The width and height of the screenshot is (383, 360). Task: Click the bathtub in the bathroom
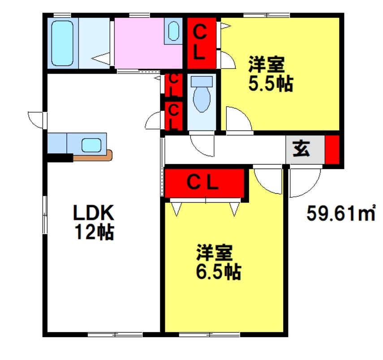pos(63,43)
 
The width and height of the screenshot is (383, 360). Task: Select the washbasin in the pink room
pos(174,31)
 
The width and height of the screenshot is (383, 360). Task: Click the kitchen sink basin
pos(91,145)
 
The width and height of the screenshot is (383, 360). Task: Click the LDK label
pos(94,213)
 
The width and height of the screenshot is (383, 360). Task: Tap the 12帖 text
pos(95,232)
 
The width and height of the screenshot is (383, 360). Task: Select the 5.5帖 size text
pos(271,84)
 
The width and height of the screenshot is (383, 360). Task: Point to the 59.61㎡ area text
pos(341,213)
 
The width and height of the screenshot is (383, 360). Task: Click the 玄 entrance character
pos(302,149)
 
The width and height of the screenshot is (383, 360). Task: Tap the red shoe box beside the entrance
pos(332,150)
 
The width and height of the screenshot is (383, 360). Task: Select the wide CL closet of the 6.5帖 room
pos(204,183)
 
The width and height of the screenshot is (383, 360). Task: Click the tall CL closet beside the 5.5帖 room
pos(202,43)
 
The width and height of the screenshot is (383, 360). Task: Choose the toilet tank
pos(202,81)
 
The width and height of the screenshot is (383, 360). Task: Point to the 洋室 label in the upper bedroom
pos(267,65)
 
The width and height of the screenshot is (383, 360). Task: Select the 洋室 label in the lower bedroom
pos(215,252)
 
